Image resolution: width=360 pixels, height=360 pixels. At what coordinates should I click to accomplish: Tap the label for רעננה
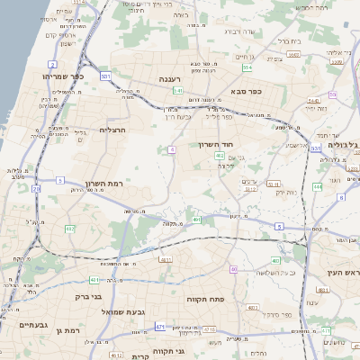pyautogui.click(x=170, y=79)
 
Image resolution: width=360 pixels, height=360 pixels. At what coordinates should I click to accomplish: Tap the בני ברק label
pyautogui.click(x=87, y=294)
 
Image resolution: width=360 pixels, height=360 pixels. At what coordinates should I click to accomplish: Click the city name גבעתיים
pyautogui.click(x=32, y=325)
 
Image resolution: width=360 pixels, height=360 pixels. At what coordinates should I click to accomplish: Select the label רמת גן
pyautogui.click(x=67, y=331)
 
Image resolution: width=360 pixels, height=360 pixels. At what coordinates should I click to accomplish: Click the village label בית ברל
pyautogui.click(x=288, y=40)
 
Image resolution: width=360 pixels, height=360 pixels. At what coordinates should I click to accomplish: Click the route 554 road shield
pyautogui.click(x=247, y=67)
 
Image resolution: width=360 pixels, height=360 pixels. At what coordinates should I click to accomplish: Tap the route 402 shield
pyautogui.click(x=220, y=156)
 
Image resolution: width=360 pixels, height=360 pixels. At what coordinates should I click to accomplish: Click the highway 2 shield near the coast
pyautogui.click(x=53, y=65)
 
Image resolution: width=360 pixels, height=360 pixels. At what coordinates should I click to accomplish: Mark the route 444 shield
pyautogui.click(x=318, y=186)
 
